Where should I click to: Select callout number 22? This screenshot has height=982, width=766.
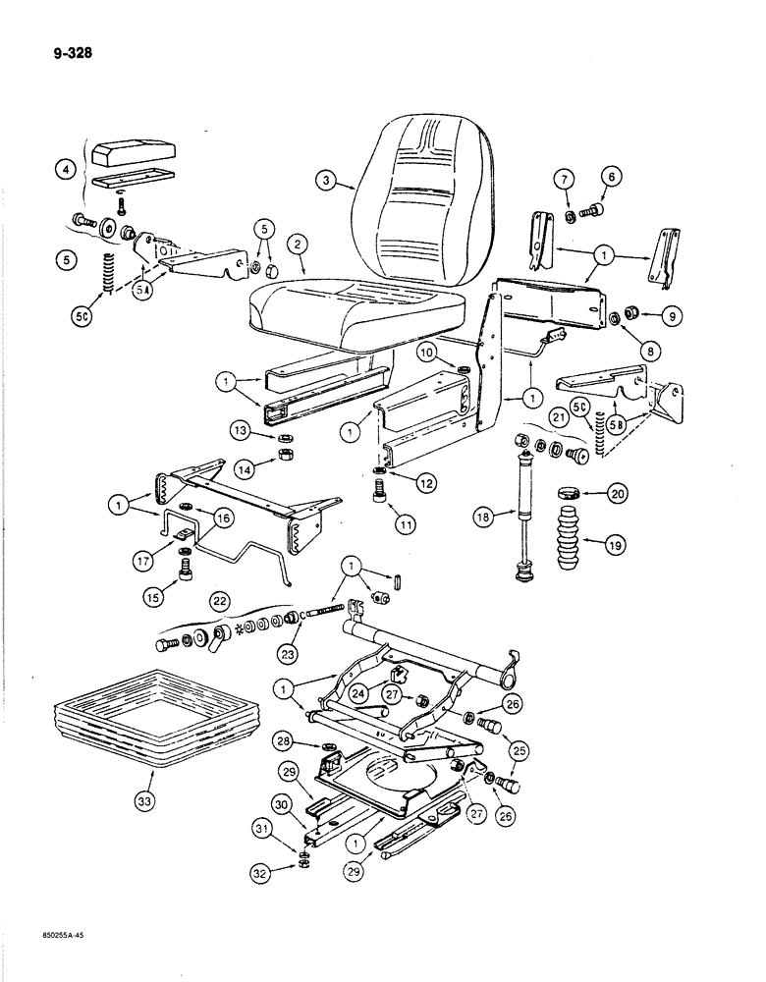pos(220,598)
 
